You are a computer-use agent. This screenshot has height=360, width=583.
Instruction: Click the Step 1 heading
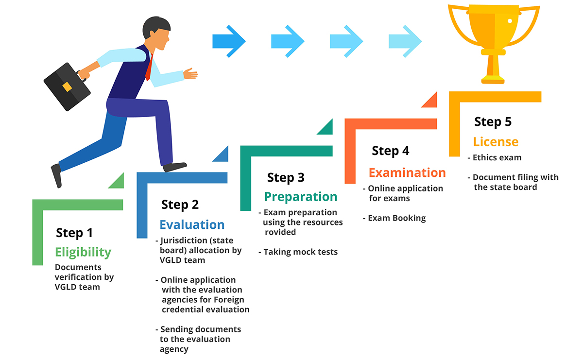[74, 233]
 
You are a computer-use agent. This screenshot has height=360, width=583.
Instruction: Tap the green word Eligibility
[83, 252]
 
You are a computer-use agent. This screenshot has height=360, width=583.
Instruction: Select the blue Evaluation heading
[192, 224]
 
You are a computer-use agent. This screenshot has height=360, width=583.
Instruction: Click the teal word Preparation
[301, 197]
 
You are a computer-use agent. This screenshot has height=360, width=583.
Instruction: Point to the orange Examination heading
[407, 172]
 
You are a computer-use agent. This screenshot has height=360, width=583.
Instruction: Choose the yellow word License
[496, 142]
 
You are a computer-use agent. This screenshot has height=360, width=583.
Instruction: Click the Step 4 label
[391, 151]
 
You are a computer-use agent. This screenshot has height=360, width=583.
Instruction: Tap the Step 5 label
[493, 122]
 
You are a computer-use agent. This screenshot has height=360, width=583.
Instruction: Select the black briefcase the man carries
[67, 86]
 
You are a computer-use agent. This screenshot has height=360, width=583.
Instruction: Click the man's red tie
[149, 68]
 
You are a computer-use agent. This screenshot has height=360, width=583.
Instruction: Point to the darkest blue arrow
[229, 41]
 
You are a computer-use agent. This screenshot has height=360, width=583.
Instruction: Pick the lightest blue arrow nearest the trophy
[405, 41]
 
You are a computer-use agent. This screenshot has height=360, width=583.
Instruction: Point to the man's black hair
[155, 26]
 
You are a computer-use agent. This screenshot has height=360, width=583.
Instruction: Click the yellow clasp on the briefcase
[67, 87]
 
